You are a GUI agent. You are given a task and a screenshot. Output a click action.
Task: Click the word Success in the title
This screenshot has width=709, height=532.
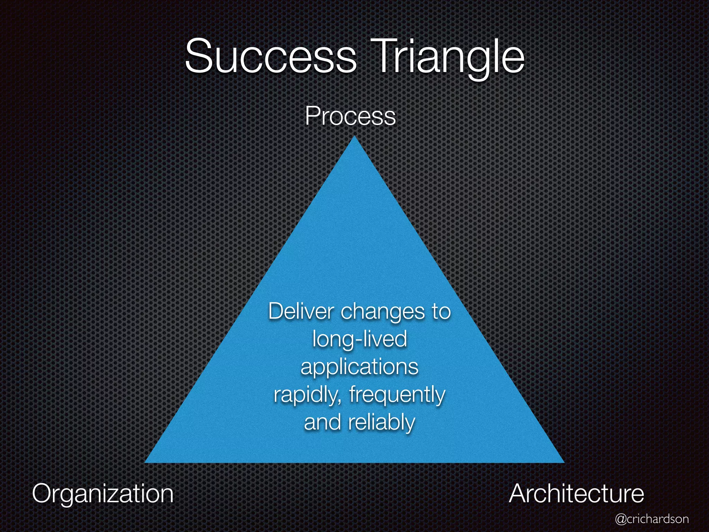coord(270,56)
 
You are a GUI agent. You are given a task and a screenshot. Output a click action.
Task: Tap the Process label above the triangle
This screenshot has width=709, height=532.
coord(350,117)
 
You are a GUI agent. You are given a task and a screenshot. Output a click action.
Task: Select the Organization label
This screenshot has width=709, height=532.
coord(103,494)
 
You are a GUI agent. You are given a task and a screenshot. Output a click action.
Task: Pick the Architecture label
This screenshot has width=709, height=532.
coord(576,494)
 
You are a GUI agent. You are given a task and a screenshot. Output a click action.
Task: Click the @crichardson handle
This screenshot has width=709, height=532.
coord(652,519)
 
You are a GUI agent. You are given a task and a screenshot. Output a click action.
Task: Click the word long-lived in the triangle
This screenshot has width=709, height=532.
coord(359,339)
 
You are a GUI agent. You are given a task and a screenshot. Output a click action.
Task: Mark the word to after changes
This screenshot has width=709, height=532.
coord(441,312)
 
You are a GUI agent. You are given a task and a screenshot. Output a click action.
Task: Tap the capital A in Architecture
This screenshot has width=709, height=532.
coord(520,494)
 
